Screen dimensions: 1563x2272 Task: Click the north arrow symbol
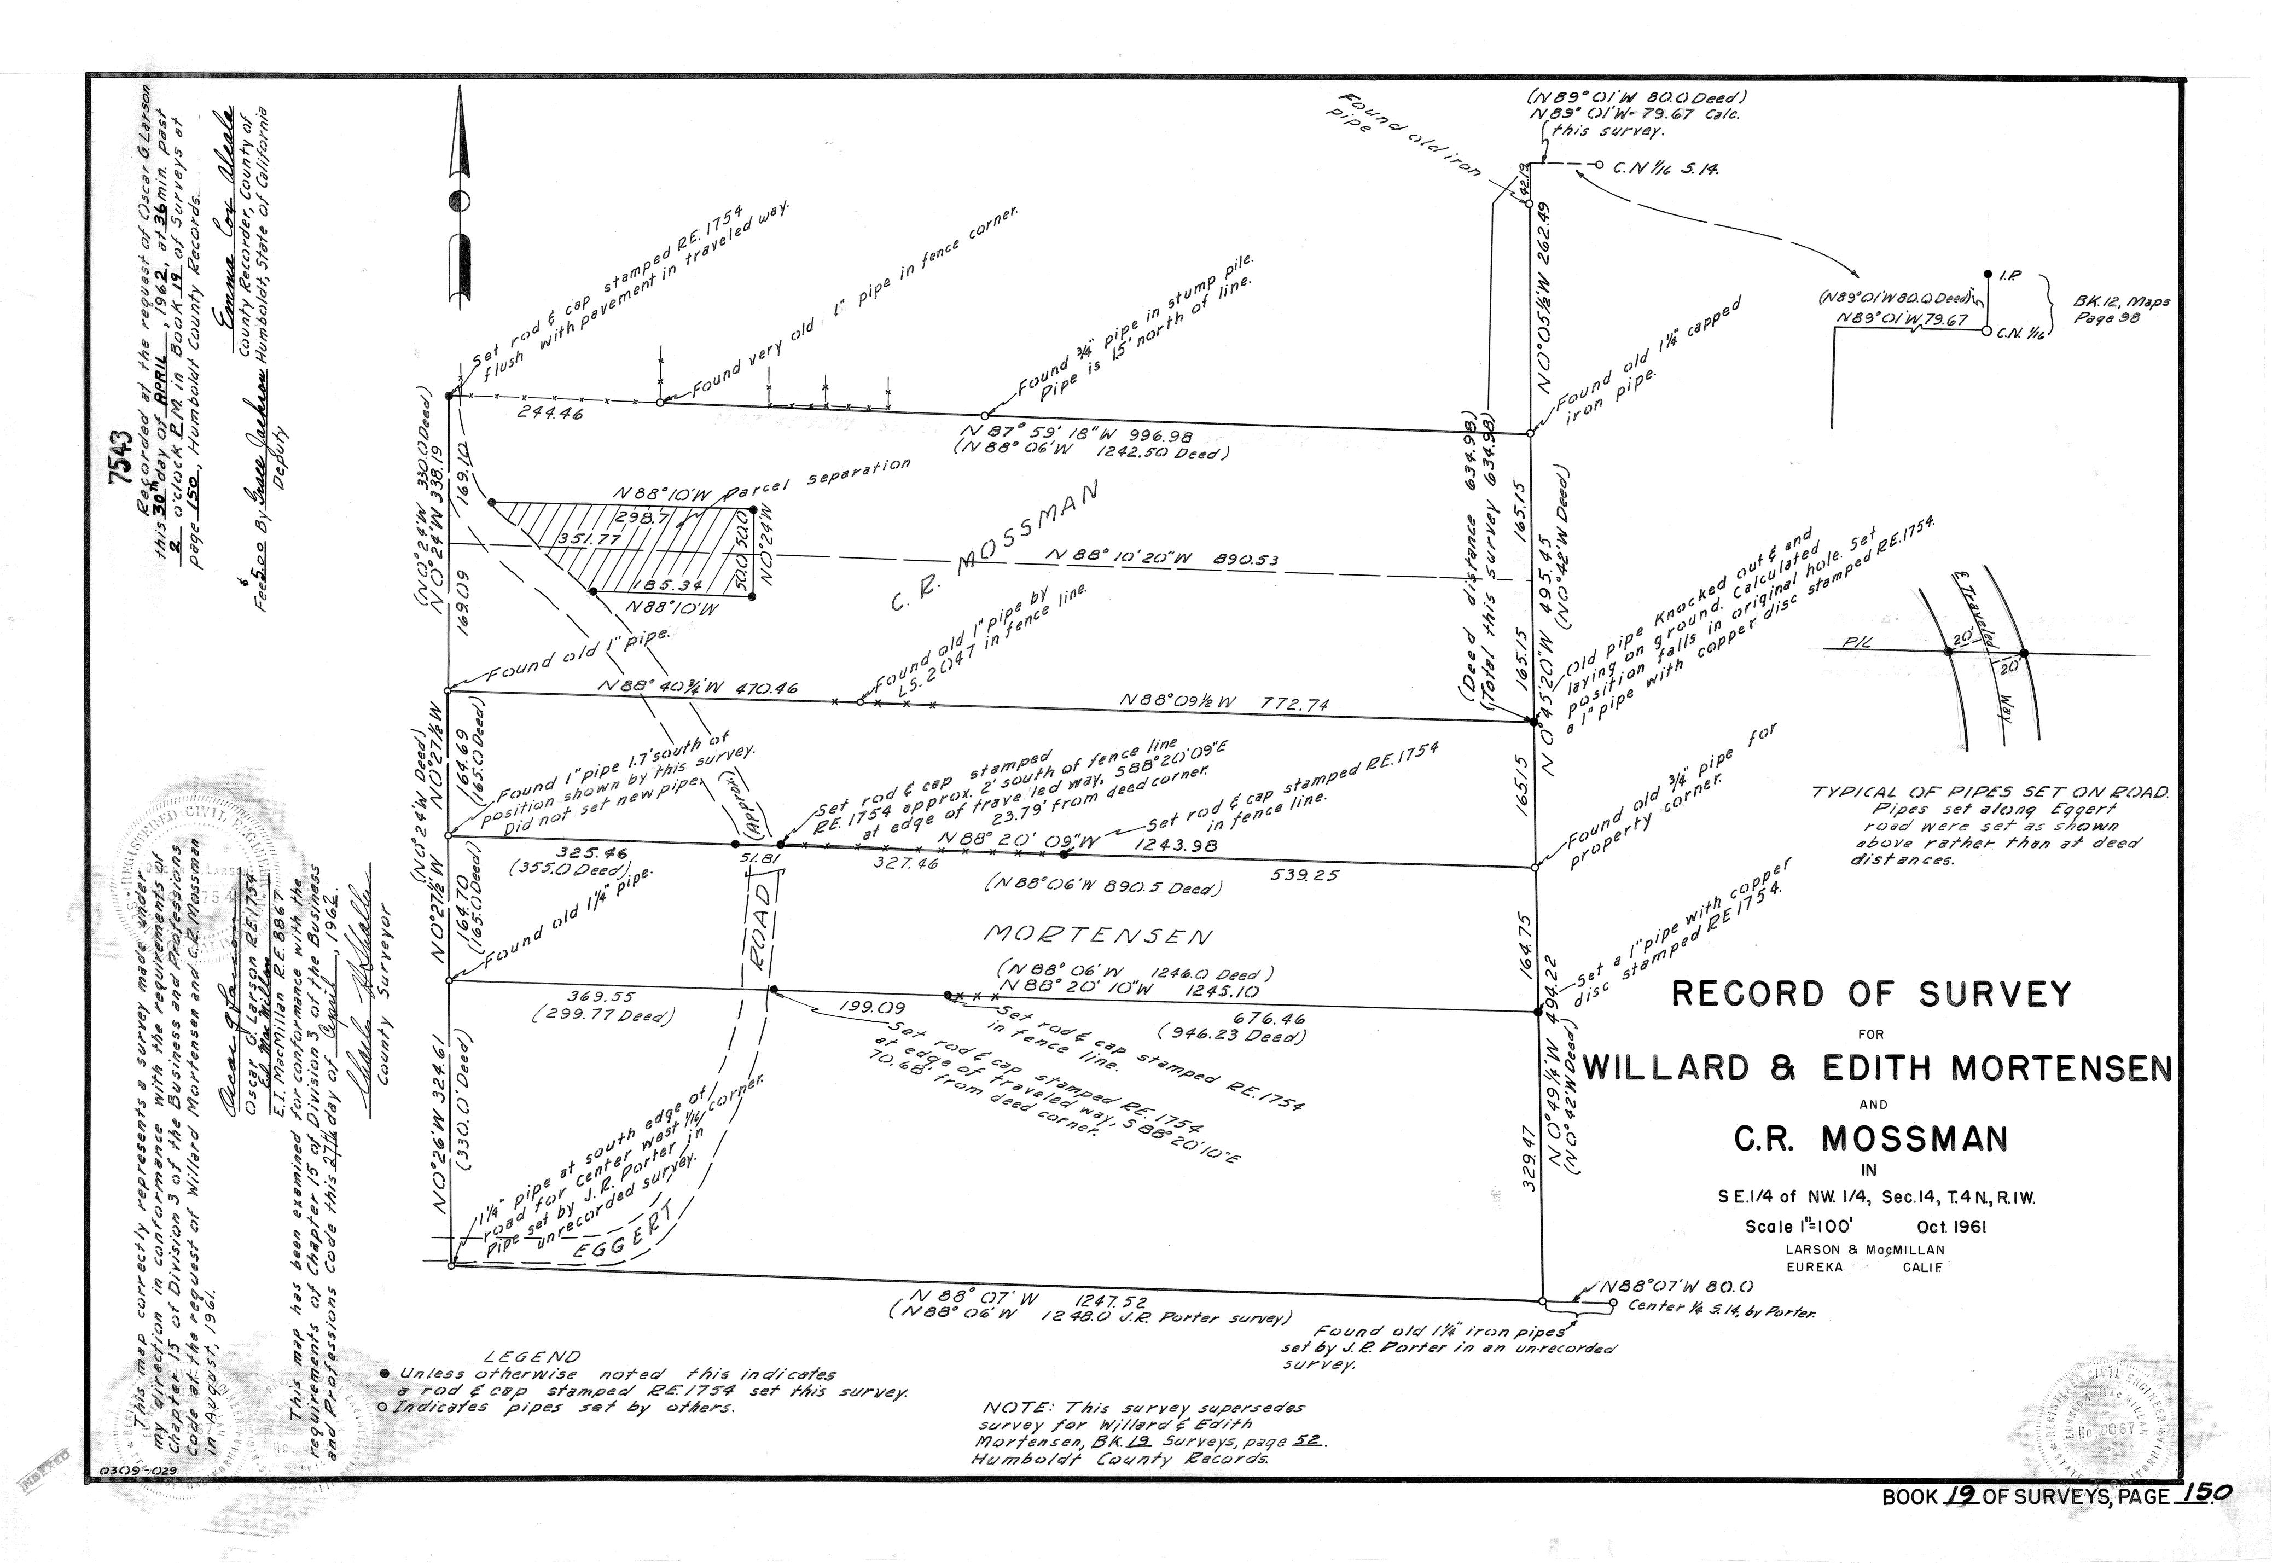pyautogui.click(x=460, y=196)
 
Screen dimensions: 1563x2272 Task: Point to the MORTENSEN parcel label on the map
pyautogui.click(x=1097, y=936)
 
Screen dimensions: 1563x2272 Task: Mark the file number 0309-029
pyautogui.click(x=132, y=1500)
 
